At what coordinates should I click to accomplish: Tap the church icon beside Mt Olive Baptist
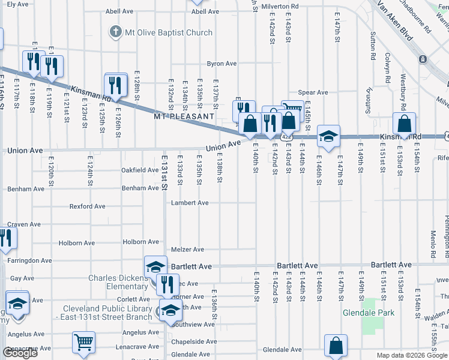pyautogui.click(x=115, y=32)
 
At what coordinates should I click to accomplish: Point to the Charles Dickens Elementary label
pyautogui.click(x=118, y=282)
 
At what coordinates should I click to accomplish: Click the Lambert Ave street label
pyautogui.click(x=190, y=203)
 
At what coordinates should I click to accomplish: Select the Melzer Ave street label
pyautogui.click(x=187, y=250)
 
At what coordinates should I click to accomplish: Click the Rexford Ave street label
pyautogui.click(x=87, y=206)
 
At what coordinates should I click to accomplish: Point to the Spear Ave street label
pyautogui.click(x=313, y=92)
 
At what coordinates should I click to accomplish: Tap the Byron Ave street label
pyautogui.click(x=222, y=64)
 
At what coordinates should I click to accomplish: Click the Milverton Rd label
pyautogui.click(x=280, y=6)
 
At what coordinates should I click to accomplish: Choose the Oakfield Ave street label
pyautogui.click(x=140, y=170)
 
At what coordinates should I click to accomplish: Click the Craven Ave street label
pyautogui.click(x=24, y=224)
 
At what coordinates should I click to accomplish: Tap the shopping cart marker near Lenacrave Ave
pyautogui.click(x=84, y=343)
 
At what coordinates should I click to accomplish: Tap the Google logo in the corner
pyautogui.click(x=20, y=353)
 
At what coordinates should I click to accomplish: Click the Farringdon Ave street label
pyautogui.click(x=29, y=260)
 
